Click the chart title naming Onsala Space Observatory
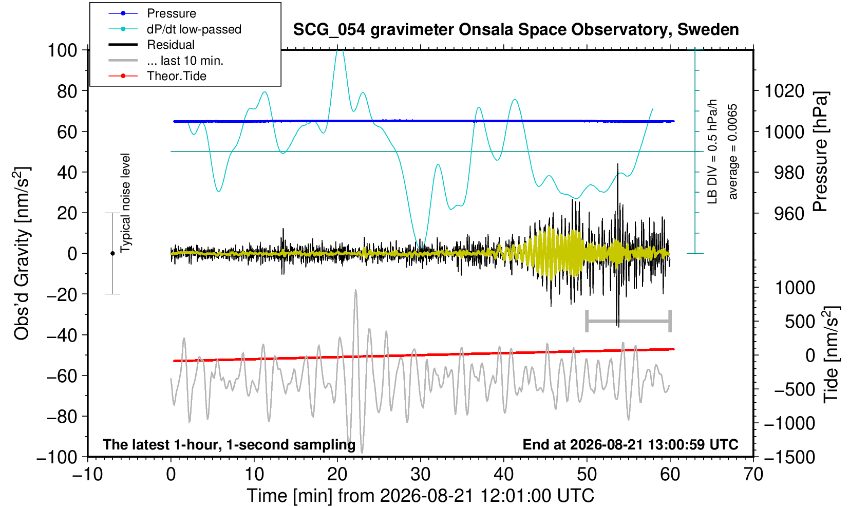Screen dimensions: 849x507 click(x=516, y=30)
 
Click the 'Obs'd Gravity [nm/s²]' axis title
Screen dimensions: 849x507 click(x=22, y=253)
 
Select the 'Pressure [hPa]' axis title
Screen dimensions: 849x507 click(x=821, y=152)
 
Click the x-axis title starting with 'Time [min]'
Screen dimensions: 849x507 click(x=420, y=496)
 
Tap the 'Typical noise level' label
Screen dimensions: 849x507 click(x=125, y=203)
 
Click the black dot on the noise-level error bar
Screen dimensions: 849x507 click(x=112, y=253)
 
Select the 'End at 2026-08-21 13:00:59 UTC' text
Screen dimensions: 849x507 click(x=630, y=444)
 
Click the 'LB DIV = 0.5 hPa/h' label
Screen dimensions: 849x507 click(x=712, y=152)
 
